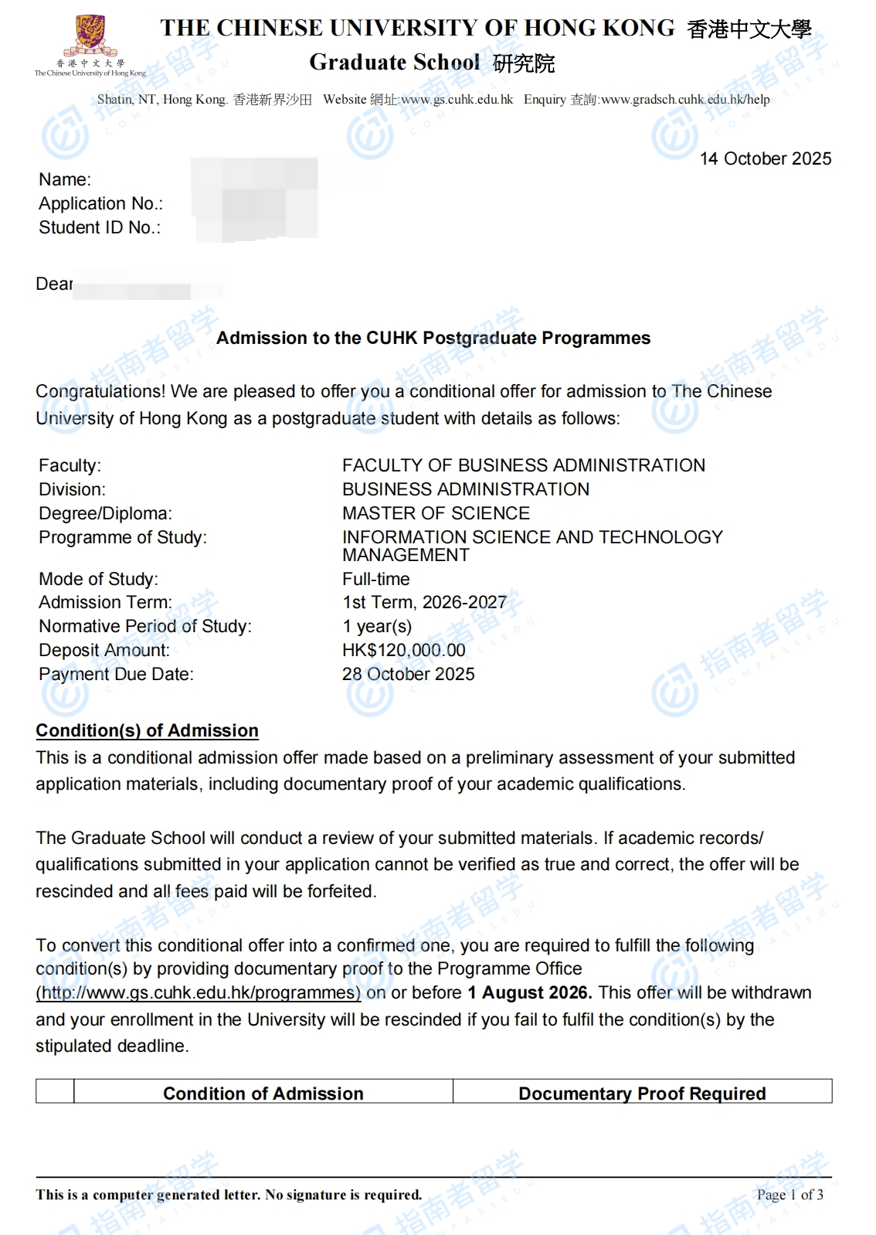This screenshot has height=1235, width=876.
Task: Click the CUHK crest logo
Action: [90, 36]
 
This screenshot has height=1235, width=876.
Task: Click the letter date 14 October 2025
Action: [765, 159]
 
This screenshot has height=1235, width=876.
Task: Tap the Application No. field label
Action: [100, 204]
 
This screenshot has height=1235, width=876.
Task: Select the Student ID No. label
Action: [100, 228]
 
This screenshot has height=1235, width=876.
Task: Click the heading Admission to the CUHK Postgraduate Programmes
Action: [433, 339]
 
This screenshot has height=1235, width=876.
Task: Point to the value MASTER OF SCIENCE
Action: [436, 514]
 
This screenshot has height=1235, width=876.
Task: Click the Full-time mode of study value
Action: [375, 580]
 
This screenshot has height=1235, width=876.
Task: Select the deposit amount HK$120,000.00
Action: [403, 651]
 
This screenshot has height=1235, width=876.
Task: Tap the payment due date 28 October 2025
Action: [408, 675]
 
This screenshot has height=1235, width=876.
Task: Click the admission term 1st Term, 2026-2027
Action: [424, 603]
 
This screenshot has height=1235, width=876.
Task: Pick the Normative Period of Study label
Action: [145, 627]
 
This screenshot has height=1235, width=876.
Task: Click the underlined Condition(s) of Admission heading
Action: [147, 731]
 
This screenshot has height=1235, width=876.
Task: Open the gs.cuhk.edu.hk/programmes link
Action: [199, 993]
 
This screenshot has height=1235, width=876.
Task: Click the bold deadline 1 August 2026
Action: [529, 993]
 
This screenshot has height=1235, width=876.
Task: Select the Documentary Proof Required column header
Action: [642, 1094]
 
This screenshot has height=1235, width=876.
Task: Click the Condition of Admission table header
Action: [263, 1094]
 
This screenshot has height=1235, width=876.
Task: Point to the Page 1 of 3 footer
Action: [789, 1196]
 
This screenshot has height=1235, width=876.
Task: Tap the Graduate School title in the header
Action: [394, 63]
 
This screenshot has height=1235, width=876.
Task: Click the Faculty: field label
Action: [70, 466]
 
